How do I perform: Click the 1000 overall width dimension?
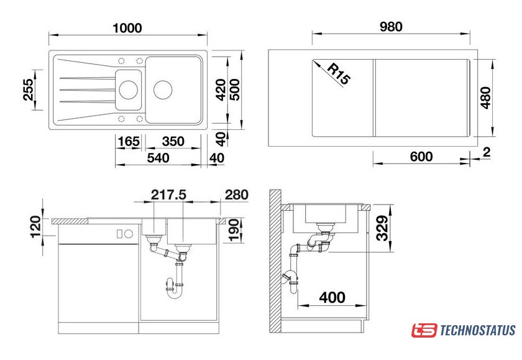point(127,28)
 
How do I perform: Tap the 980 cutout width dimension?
point(391,27)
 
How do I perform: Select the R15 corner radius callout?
point(339,74)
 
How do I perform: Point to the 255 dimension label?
point(29,90)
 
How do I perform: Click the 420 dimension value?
point(221,90)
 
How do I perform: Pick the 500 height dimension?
point(235,90)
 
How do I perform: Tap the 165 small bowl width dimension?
point(129,142)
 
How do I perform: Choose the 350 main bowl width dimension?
point(173,142)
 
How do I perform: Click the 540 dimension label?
point(158,158)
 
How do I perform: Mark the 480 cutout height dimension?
point(486,98)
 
